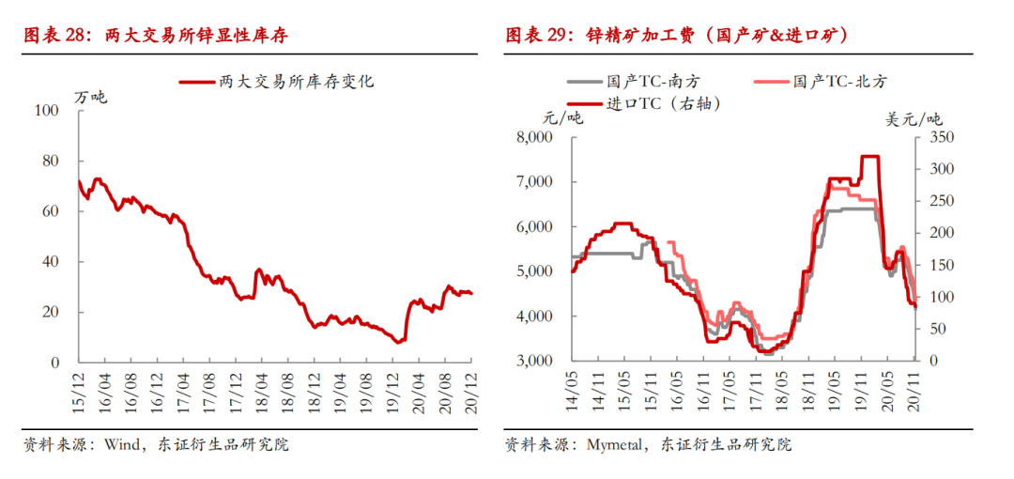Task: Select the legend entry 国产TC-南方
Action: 634,82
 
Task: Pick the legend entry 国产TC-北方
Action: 822,82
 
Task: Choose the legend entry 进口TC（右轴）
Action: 644,103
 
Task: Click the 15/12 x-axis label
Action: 79,393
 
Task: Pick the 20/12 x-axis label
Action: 470,393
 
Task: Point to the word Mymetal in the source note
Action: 613,445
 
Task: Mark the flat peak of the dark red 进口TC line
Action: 869,156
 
